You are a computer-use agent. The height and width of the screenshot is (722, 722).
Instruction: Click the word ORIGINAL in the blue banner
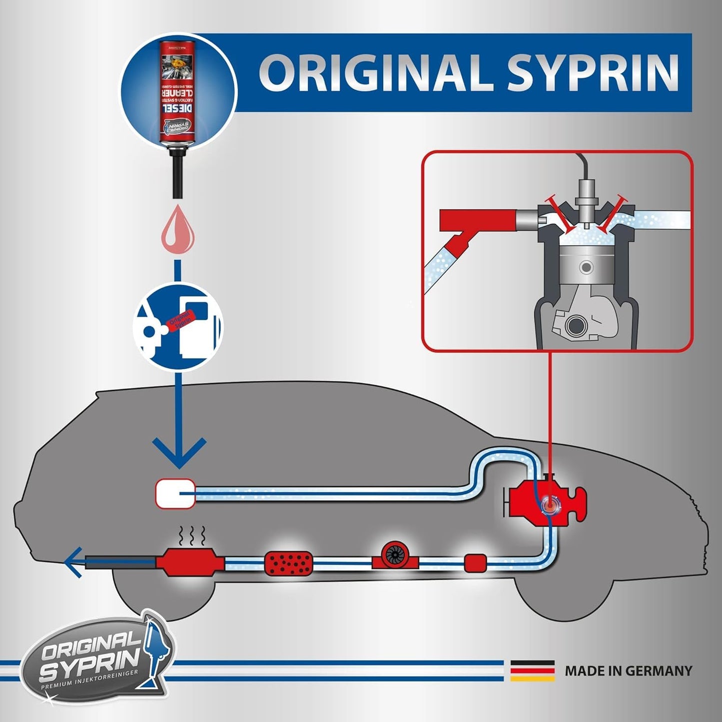[x=377, y=73]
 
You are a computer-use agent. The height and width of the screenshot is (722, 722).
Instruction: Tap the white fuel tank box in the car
[x=175, y=493]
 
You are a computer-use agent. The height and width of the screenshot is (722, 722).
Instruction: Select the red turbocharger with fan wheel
[x=395, y=556]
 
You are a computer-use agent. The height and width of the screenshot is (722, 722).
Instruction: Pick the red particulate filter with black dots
[x=288, y=562]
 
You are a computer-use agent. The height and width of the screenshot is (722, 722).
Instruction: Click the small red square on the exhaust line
[x=475, y=563]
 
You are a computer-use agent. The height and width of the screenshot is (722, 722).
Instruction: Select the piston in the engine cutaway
[x=586, y=267]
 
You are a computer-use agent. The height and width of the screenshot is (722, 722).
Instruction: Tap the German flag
[x=532, y=671]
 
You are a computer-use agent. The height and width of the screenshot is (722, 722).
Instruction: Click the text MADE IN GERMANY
[x=628, y=671]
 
